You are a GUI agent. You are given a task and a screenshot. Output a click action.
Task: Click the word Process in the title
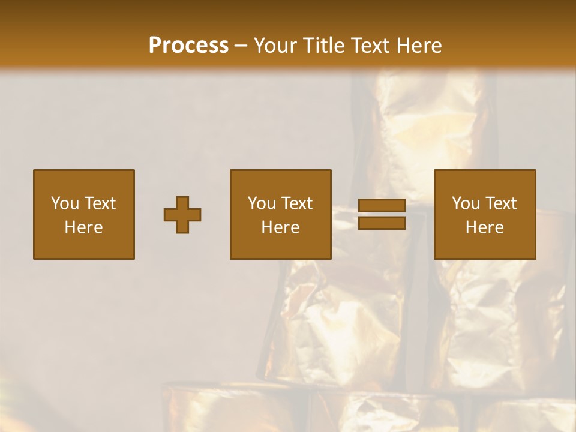click(188, 46)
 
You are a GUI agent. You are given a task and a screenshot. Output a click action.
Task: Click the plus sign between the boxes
click(182, 215)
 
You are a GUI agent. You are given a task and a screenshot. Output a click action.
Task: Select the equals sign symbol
click(382, 214)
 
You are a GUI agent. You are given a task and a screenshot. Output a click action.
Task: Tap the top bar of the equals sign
click(382, 206)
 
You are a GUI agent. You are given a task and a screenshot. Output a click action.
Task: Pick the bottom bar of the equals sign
click(382, 223)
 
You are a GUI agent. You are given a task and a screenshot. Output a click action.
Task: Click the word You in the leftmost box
click(64, 203)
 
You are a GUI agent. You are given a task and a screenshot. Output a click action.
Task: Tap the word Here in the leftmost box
click(83, 227)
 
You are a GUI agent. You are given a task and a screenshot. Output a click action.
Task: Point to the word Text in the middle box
click(297, 203)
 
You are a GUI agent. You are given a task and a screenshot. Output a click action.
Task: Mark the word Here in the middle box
click(280, 227)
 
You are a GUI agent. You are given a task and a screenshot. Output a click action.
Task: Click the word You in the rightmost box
click(465, 203)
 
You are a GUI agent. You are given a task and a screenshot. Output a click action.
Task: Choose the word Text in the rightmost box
click(501, 203)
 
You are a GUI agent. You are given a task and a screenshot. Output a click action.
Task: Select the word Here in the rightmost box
click(484, 227)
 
